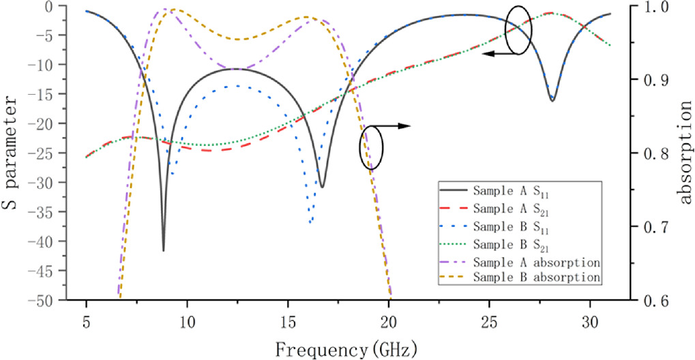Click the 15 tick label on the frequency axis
(x=287, y=320)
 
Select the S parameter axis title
(x=15, y=152)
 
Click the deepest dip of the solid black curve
(x=164, y=250)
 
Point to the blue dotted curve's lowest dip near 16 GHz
(x=311, y=222)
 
